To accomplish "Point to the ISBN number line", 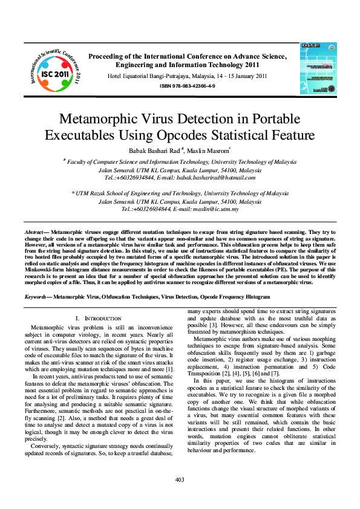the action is click(187, 86).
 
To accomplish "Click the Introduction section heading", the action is click(99, 318).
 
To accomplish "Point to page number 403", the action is click(180, 479).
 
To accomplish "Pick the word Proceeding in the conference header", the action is click(106, 56).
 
